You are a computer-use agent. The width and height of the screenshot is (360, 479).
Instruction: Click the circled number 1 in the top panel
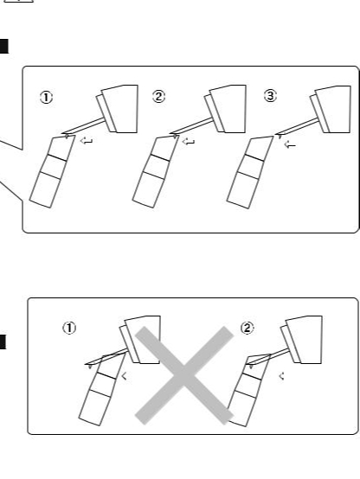pos(46,98)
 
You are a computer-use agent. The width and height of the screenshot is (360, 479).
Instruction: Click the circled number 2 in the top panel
pos(158,97)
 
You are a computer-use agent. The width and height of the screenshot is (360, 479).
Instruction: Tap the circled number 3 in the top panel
pos(270,96)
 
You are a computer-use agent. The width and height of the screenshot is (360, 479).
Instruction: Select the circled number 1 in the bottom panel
pos(69,328)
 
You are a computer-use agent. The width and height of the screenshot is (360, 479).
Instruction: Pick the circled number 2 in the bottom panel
pos(247,328)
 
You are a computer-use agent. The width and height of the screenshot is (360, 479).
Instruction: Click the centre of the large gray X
pos(184,375)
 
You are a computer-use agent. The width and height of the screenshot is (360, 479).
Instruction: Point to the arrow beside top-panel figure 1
pos(87,141)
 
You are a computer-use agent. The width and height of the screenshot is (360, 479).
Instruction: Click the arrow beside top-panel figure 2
pos(189,142)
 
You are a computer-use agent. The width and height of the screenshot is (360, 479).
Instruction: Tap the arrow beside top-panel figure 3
pos(290,145)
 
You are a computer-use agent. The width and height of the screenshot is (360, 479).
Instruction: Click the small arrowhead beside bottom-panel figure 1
pos(124,376)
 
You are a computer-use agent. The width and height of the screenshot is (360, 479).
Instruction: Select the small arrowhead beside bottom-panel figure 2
pos(282,376)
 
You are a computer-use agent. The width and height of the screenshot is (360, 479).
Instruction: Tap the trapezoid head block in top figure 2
pos(228,109)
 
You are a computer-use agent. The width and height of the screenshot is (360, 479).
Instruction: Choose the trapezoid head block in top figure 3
pos(334,109)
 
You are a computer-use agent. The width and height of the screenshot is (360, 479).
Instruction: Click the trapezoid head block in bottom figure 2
pos(305,340)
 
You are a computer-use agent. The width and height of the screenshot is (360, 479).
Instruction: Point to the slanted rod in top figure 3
pos(298,126)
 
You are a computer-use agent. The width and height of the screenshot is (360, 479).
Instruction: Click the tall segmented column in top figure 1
pos(52,172)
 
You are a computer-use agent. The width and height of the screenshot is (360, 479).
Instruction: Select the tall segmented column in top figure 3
pos(250,173)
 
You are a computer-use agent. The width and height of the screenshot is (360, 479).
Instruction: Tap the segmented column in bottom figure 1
pos(102,390)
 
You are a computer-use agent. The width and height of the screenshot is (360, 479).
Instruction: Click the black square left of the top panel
pos(4,47)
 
